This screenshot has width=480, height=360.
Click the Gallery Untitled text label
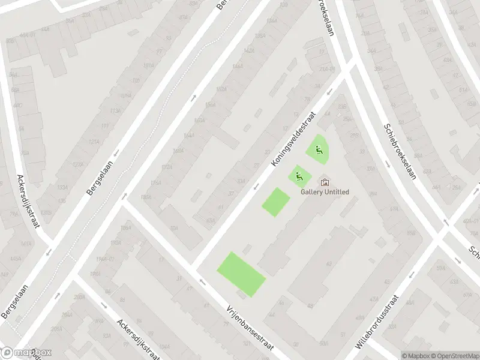(325, 191)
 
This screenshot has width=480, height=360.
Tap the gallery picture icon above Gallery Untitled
(325, 182)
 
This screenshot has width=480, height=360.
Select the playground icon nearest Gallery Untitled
(299, 176)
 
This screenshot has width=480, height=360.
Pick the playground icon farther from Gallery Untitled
(318, 149)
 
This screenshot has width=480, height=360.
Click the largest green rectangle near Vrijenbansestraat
(241, 274)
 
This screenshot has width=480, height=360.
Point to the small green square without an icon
(276, 202)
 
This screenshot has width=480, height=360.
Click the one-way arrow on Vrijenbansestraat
(202, 281)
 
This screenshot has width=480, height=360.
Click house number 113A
(115, 111)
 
